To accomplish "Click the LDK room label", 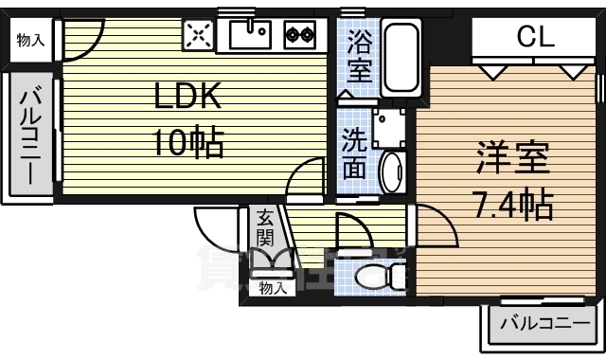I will (x=188, y=95).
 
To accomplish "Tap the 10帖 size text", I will (x=188, y=142).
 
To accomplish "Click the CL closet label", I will (x=535, y=39).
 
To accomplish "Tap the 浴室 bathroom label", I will (x=358, y=55).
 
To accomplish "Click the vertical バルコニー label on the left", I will (x=28, y=135).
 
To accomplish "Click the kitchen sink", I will (x=251, y=36).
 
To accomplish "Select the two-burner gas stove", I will (x=301, y=36).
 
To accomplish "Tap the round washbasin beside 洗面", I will (x=390, y=171).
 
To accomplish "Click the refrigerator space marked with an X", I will (x=200, y=36).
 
